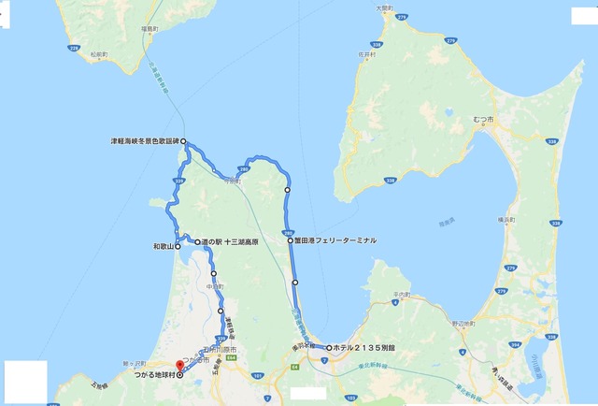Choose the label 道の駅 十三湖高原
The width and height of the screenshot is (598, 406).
point(231,241)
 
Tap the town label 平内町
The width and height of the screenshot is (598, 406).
point(384,296)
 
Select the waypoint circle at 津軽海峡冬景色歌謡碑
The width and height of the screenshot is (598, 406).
point(184,142)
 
